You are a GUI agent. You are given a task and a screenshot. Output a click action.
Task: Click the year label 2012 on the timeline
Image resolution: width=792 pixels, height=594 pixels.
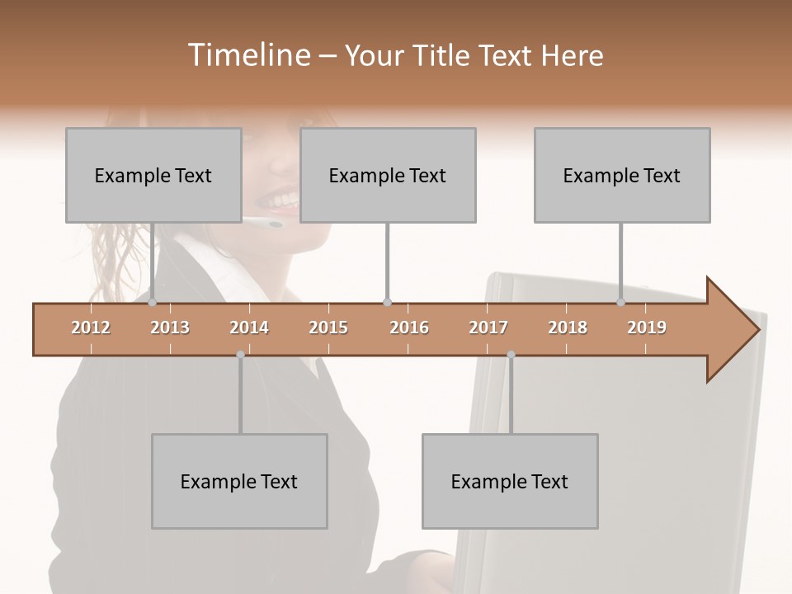(91, 328)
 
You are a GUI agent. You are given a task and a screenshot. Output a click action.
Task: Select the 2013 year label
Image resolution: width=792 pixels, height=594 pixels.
(170, 328)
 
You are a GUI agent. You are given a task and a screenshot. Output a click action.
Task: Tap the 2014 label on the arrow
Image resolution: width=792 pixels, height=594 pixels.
(249, 328)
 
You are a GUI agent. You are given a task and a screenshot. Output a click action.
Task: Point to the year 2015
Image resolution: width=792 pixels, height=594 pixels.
(328, 328)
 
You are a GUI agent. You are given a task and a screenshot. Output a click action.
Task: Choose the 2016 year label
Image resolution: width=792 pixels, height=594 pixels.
(409, 328)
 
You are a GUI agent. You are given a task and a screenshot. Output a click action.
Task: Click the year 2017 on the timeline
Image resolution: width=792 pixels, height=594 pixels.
(488, 328)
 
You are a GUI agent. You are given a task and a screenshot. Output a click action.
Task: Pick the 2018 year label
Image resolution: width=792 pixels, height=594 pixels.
(568, 328)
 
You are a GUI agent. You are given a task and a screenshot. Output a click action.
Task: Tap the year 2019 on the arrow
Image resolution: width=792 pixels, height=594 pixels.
(647, 328)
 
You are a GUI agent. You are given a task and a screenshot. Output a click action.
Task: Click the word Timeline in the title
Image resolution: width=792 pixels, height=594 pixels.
(247, 55)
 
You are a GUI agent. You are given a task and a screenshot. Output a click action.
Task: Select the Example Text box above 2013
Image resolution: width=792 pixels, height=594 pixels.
(153, 175)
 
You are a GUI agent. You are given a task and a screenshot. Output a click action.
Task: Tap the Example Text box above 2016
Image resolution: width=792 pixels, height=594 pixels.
(388, 175)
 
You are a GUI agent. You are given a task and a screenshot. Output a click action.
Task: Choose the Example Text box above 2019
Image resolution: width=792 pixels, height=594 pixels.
(622, 175)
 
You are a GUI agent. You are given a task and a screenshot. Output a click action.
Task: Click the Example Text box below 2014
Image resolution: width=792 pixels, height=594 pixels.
(239, 481)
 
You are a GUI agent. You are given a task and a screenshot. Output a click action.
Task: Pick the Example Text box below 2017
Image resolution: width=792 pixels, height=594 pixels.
(510, 481)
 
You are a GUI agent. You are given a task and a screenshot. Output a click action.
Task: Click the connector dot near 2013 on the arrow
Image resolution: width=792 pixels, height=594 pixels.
(152, 303)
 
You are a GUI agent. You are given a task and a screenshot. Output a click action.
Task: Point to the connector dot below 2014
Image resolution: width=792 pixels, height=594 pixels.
(240, 355)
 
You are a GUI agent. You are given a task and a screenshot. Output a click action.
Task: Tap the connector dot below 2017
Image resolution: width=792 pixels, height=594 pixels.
(511, 355)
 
